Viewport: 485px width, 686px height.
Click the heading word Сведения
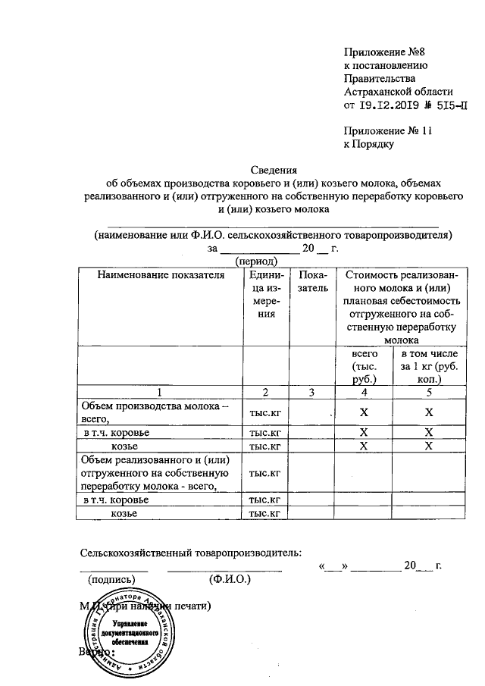(x=273, y=170)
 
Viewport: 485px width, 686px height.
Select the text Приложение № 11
(x=387, y=130)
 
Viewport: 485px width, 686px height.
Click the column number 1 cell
(x=159, y=392)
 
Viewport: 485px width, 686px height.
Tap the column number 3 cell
(x=312, y=392)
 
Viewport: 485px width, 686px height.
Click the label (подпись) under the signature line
(x=113, y=580)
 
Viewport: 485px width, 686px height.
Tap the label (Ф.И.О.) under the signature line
(x=230, y=580)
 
